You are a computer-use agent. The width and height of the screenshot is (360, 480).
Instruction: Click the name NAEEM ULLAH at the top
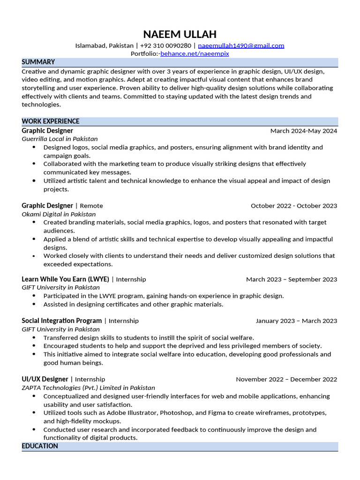(180, 34)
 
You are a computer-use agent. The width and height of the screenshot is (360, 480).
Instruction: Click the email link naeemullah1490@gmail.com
(241, 45)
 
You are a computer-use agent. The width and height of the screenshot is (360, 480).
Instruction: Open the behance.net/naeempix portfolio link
(195, 54)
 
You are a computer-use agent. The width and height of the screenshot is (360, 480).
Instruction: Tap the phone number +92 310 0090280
(165, 45)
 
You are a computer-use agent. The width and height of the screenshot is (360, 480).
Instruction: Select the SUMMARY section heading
(38, 62)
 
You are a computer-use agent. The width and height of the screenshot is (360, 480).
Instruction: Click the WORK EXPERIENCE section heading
(51, 121)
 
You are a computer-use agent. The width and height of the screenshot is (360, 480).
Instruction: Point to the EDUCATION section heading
(40, 446)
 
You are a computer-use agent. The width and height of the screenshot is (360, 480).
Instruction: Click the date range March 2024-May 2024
(303, 131)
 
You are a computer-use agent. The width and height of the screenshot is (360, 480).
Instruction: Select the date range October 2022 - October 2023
(293, 206)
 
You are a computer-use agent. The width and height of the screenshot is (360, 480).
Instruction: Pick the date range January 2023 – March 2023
(296, 321)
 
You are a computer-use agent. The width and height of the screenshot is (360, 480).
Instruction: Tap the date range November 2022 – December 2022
(286, 379)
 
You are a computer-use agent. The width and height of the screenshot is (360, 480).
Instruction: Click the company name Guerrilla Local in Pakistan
(60, 139)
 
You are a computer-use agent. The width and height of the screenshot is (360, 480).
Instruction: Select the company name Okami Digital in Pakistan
(59, 214)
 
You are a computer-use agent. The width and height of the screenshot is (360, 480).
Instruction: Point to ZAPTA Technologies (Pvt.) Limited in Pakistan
(88, 388)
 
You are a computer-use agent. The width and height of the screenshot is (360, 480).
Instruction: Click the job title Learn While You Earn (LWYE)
(65, 279)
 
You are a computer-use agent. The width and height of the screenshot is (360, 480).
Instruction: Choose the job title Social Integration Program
(61, 321)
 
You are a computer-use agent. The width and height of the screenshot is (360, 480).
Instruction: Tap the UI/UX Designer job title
(45, 379)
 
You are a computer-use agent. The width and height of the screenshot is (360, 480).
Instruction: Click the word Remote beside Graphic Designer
(91, 206)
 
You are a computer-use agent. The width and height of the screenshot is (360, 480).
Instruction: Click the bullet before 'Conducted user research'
(34, 429)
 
